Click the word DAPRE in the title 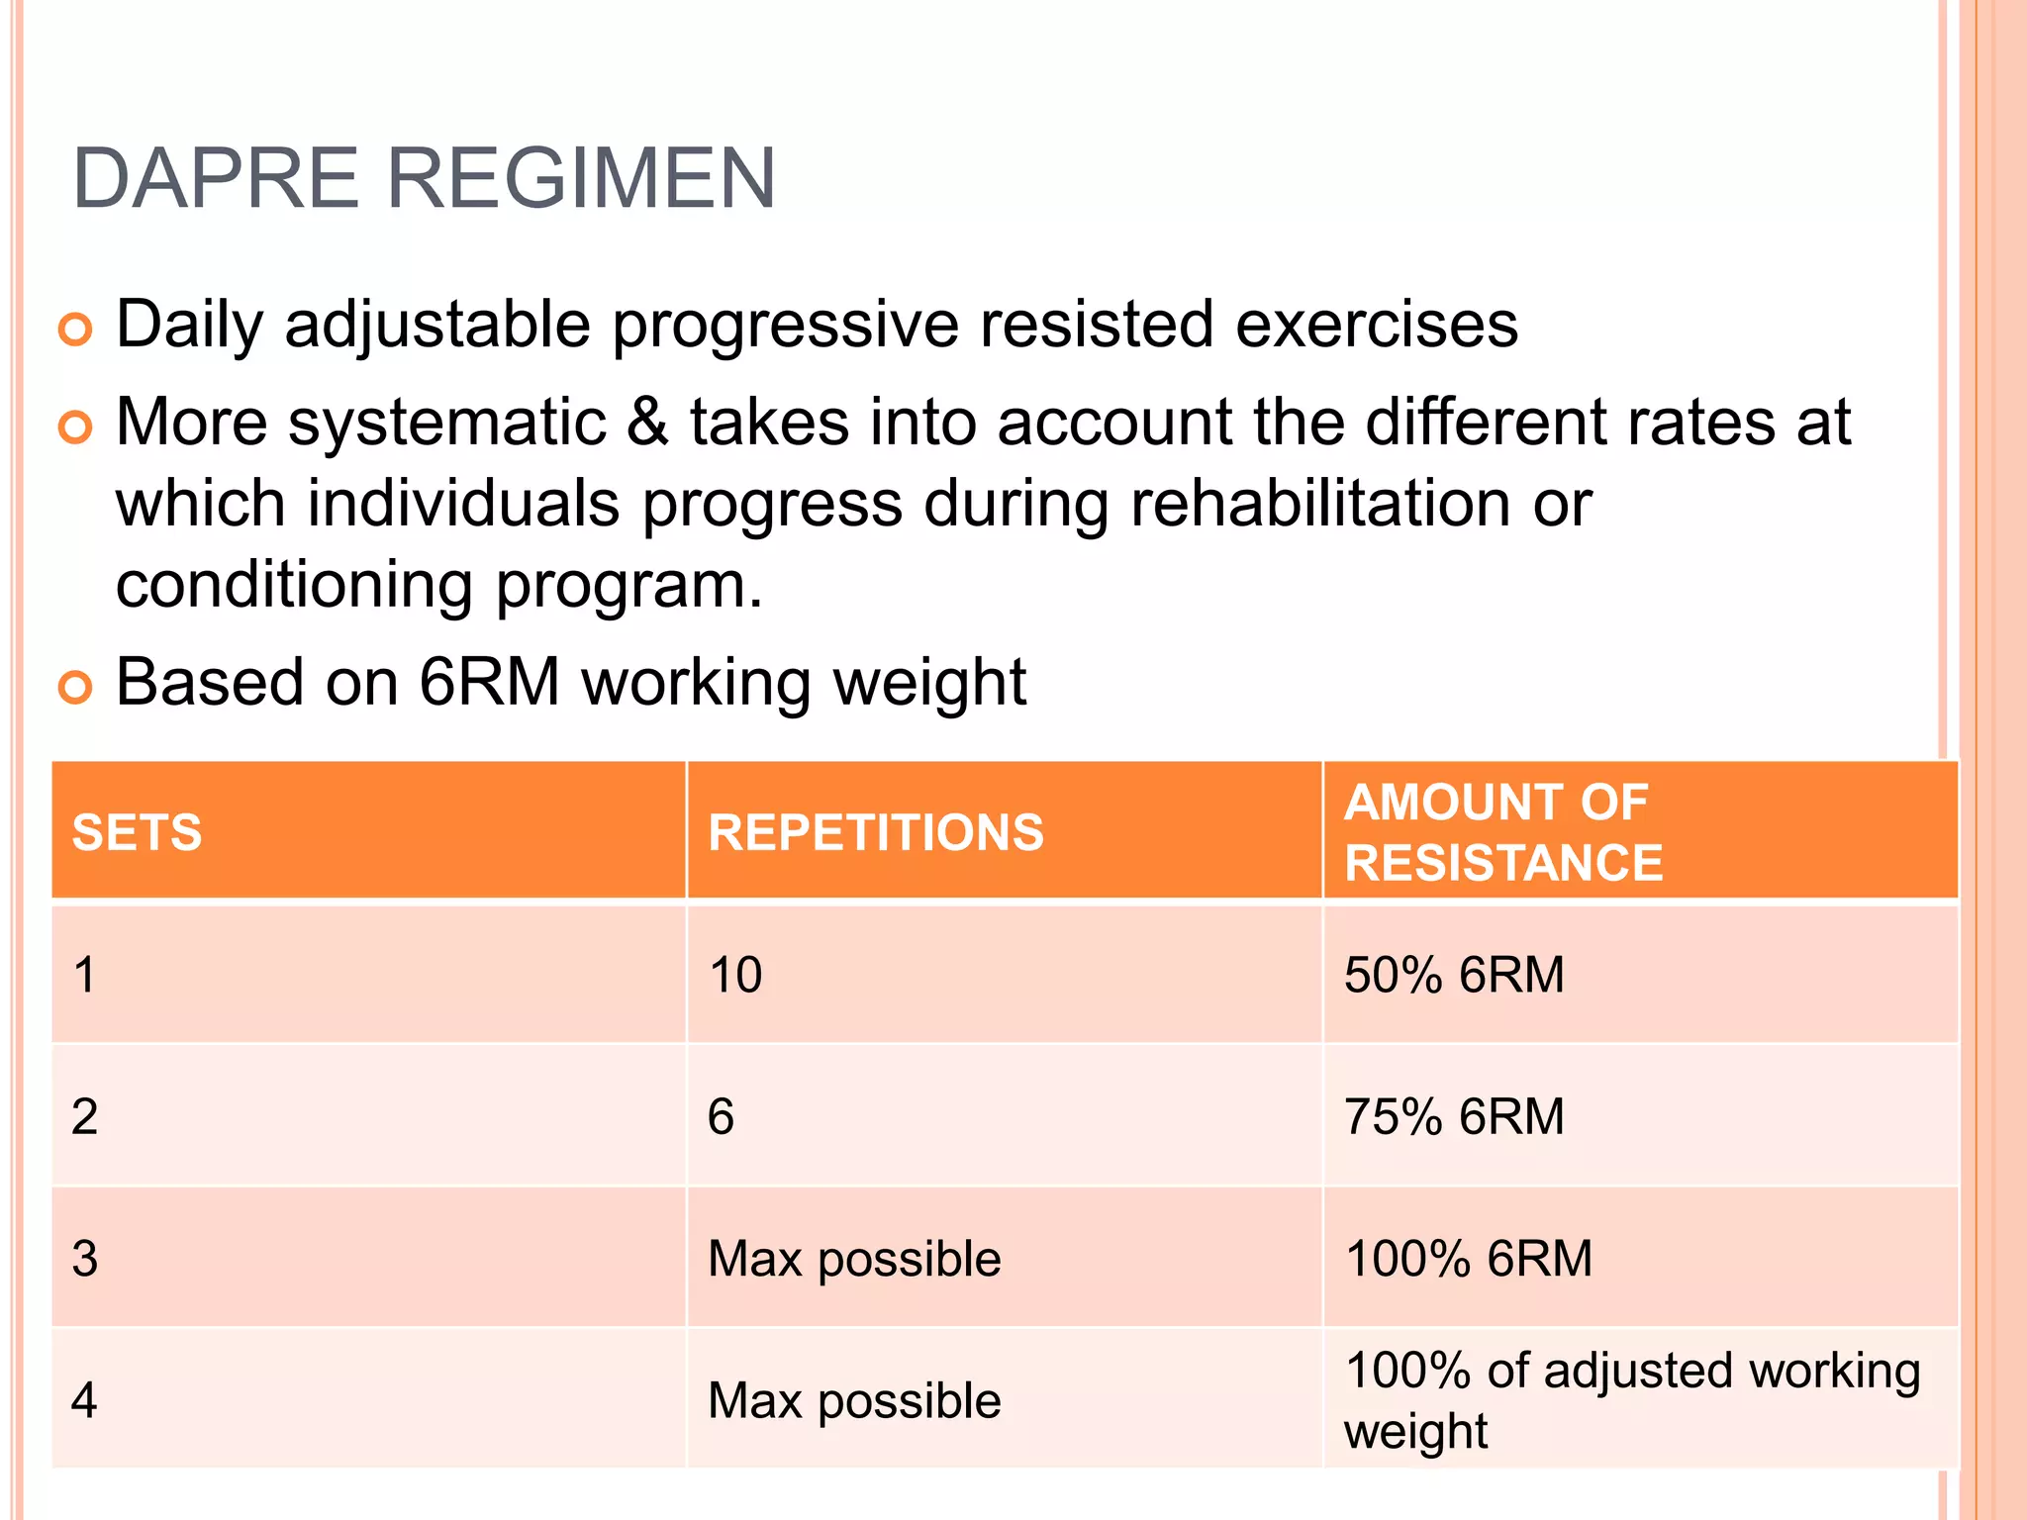[x=215, y=179]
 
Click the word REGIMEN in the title [x=580, y=179]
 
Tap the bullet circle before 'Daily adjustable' [x=75, y=329]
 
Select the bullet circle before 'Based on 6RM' [x=75, y=686]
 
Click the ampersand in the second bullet [x=647, y=423]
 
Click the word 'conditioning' [x=294, y=585]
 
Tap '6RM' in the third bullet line [x=489, y=683]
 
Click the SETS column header [x=137, y=832]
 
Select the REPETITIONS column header [x=876, y=832]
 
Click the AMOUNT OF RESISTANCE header [x=1503, y=832]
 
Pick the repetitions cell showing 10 [x=735, y=975]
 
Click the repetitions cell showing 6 [x=721, y=1116]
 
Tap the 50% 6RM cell [x=1453, y=975]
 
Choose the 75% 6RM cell [x=1453, y=1116]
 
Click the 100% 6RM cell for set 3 [x=1468, y=1259]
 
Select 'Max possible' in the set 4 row [x=854, y=1401]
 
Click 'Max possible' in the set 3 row [x=854, y=1259]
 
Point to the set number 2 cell [x=85, y=1116]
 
